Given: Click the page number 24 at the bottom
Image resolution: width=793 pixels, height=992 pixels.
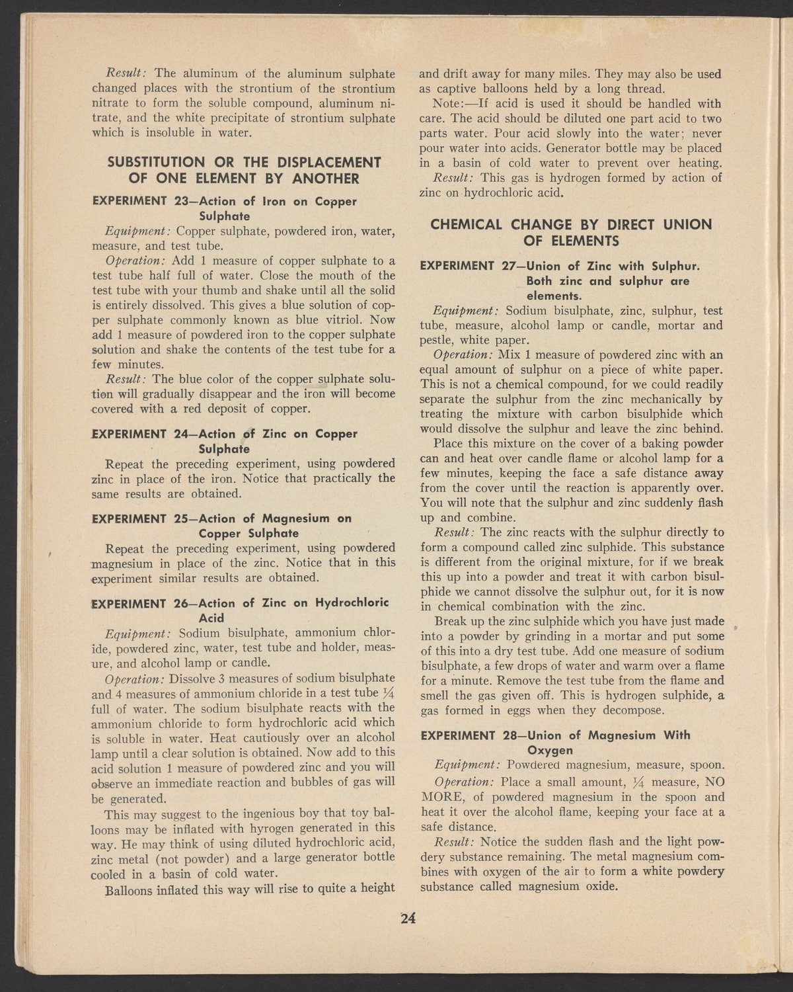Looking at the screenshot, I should tap(406, 917).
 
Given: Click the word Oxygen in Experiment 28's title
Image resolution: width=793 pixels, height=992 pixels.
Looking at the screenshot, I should tap(549, 751).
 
